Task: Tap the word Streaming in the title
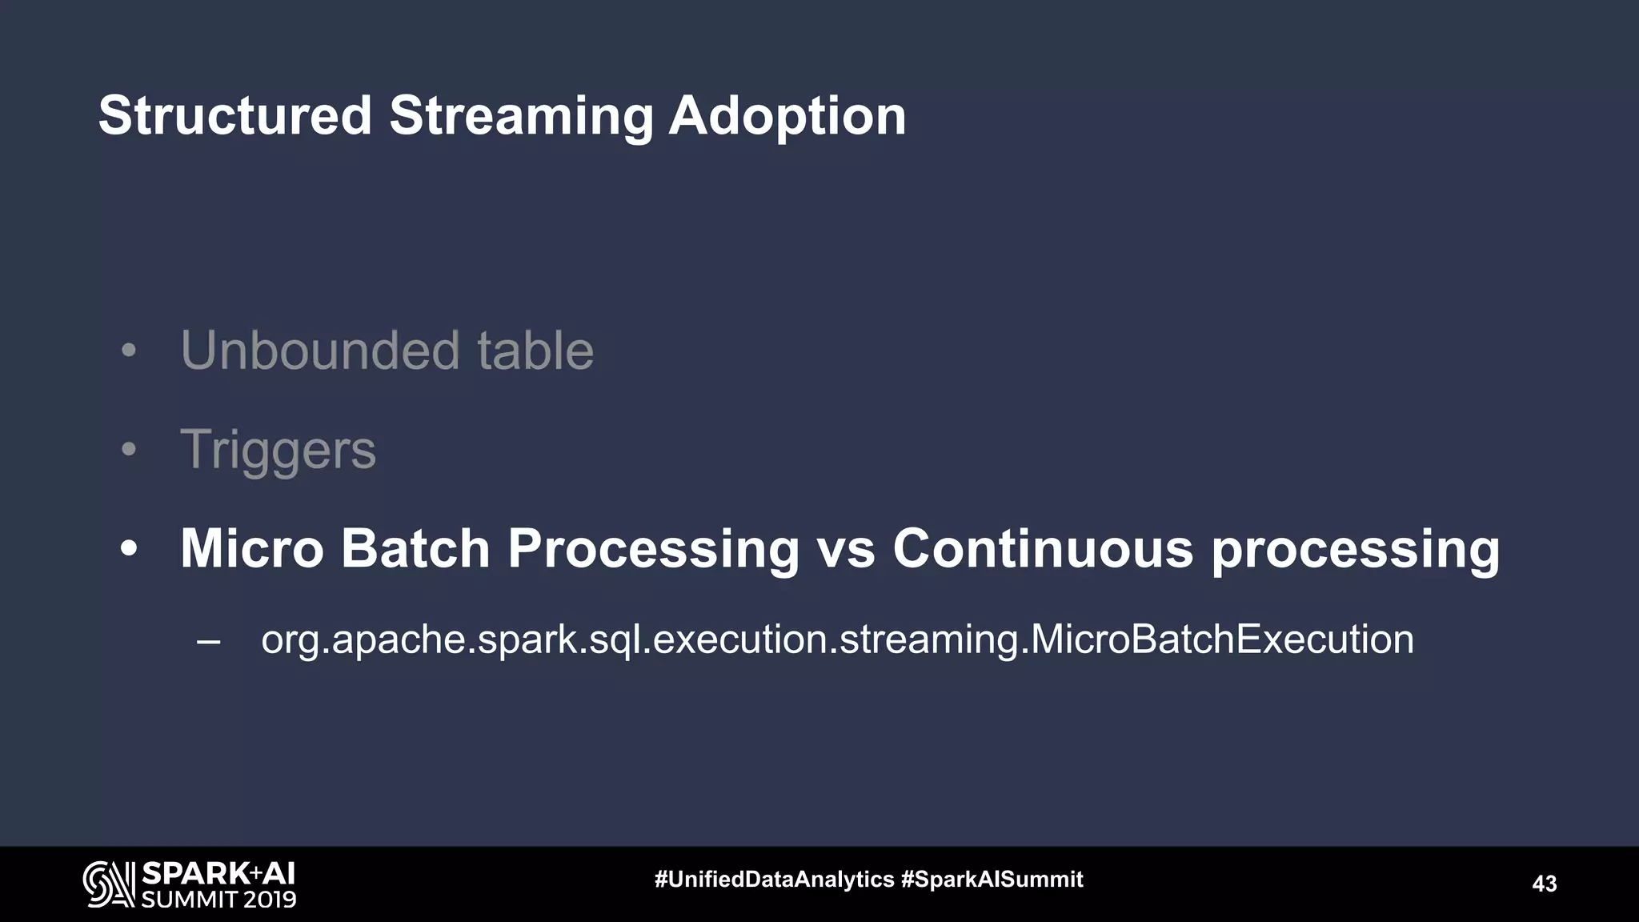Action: pos(520,117)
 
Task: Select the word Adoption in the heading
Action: pos(787,117)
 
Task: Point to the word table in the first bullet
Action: pos(535,351)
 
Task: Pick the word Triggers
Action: pos(278,450)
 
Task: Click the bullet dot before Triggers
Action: pos(129,450)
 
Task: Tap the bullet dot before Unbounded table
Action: pos(129,351)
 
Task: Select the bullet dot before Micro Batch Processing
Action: pos(129,549)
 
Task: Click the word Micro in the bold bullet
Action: pos(251,549)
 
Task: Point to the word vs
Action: pos(845,549)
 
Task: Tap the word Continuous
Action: pos(1042,549)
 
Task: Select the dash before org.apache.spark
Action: pos(208,640)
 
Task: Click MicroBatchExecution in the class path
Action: pos(1222,639)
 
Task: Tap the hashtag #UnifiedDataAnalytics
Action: pos(774,880)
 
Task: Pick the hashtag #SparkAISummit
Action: pos(992,880)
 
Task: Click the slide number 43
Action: pos(1544,884)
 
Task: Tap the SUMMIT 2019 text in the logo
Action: pos(218,900)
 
